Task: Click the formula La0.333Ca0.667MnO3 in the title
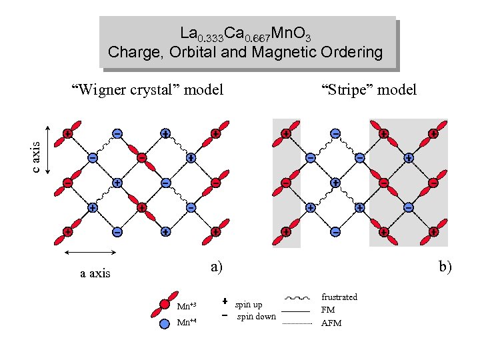[245, 33]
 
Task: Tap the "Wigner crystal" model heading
[147, 89]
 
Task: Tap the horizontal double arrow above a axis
[91, 252]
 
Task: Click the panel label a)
[216, 267]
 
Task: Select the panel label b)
[445, 267]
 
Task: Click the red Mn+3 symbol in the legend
[165, 305]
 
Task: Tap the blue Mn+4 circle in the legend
[165, 324]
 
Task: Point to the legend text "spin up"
[248, 305]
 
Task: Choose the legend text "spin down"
[256, 316]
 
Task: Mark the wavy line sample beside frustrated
[298, 298]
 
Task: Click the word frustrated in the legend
[339, 297]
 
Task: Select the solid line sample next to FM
[298, 311]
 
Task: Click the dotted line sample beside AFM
[298, 323]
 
